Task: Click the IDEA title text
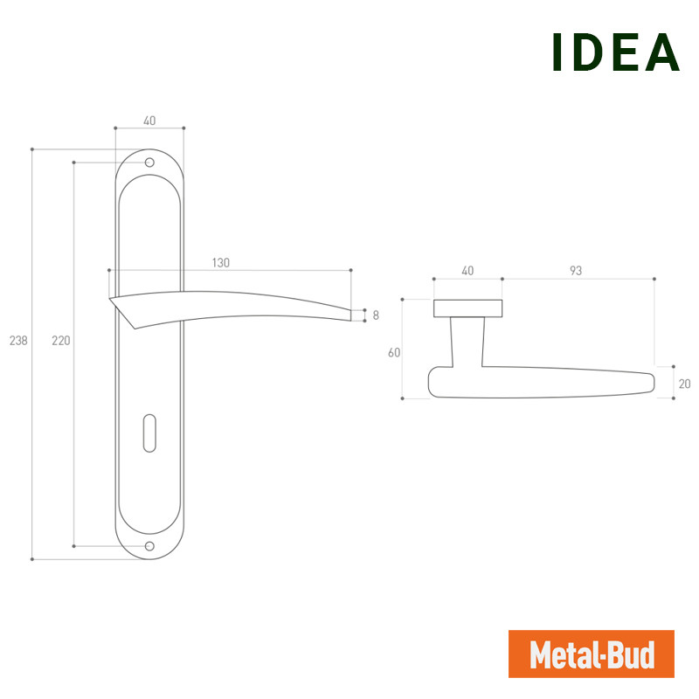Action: click(x=615, y=52)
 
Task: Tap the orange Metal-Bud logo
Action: click(x=592, y=654)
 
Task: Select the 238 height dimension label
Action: click(x=18, y=341)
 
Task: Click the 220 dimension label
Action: click(x=61, y=341)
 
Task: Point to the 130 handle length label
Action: click(x=221, y=263)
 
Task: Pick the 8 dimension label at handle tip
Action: click(x=376, y=315)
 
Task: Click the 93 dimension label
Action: click(x=576, y=271)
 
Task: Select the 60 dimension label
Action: click(x=394, y=353)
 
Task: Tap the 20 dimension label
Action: click(x=684, y=384)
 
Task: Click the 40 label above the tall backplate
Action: click(x=149, y=121)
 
